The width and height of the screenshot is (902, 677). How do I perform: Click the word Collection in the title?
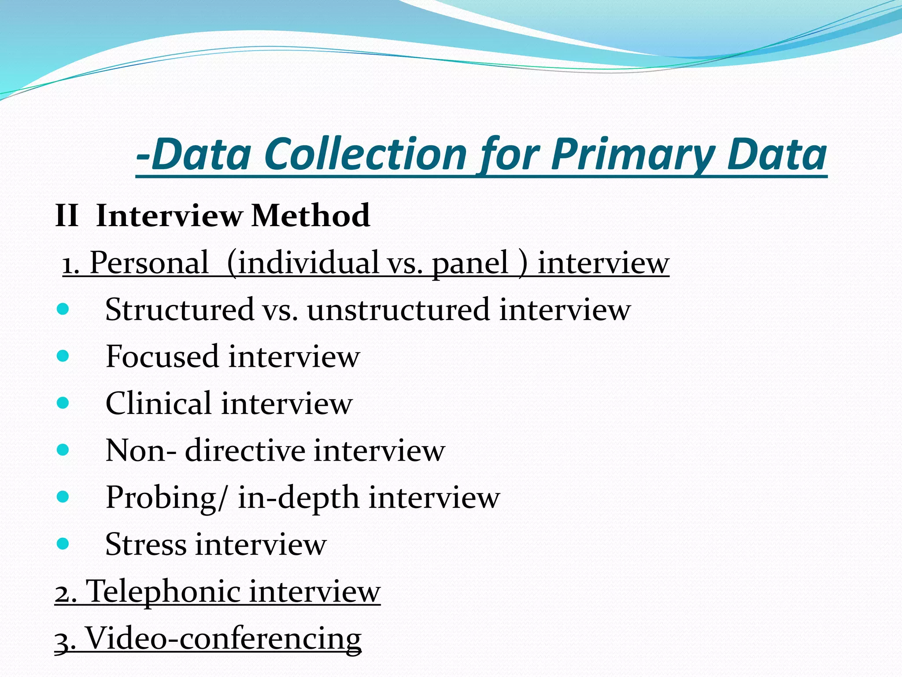(366, 154)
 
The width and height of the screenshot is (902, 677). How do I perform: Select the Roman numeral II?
(67, 216)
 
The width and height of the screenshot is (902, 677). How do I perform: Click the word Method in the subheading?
(311, 216)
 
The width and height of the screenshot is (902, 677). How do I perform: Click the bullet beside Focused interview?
(63, 356)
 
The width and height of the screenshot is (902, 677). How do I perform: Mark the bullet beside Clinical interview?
(63, 403)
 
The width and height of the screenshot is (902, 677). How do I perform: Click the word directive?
(245, 450)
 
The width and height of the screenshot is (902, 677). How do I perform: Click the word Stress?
(146, 544)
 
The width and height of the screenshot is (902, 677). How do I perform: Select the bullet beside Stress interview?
(63, 544)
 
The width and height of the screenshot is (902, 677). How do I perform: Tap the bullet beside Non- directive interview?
(63, 450)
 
